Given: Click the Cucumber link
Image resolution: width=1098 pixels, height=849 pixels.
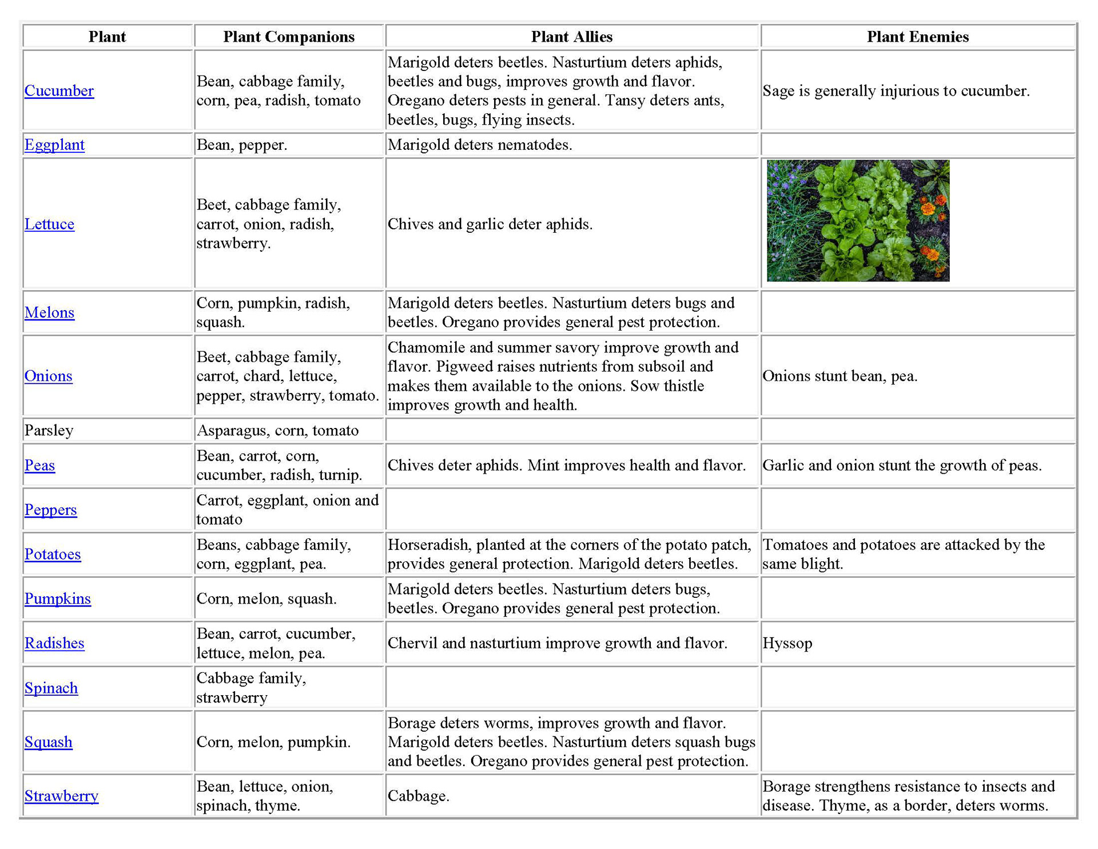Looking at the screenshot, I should (x=59, y=91).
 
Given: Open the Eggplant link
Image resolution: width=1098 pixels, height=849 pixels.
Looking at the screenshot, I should (x=54, y=145).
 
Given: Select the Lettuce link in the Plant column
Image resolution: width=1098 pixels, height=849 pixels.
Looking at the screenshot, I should (x=49, y=224).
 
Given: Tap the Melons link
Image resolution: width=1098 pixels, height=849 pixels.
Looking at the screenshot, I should (x=49, y=312).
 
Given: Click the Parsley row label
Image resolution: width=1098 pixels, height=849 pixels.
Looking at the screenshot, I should (x=49, y=430).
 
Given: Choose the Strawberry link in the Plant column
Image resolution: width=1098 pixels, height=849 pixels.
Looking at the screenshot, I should (x=61, y=796).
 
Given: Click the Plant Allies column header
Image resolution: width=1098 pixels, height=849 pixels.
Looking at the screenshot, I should (x=571, y=37).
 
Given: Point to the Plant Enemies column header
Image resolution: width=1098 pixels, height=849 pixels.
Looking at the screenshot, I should (x=917, y=37).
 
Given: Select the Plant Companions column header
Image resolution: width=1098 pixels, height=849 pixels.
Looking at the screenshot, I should (x=288, y=37).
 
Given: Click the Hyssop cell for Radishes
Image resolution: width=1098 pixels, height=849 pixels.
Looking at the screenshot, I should (x=787, y=643).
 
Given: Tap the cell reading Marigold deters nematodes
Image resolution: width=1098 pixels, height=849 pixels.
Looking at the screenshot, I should (x=480, y=145).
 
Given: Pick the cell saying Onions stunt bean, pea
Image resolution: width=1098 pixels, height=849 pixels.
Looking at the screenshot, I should (x=840, y=376).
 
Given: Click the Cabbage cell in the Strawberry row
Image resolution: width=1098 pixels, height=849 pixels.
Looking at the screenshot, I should (x=418, y=796).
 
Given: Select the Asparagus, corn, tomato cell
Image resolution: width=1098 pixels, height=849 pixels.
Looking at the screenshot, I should (x=277, y=430).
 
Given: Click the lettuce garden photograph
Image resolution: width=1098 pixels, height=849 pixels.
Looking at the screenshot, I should (x=858, y=221).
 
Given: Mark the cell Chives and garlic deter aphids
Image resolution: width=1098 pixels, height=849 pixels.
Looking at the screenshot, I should (x=490, y=224).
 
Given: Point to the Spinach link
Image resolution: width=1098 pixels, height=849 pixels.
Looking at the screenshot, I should (x=51, y=688).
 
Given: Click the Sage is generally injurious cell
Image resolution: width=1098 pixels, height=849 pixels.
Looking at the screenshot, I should (x=896, y=91).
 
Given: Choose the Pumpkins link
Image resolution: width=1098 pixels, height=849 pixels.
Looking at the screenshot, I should (x=57, y=598).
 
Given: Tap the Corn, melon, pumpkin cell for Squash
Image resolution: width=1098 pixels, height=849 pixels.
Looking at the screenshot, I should (x=273, y=742).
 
